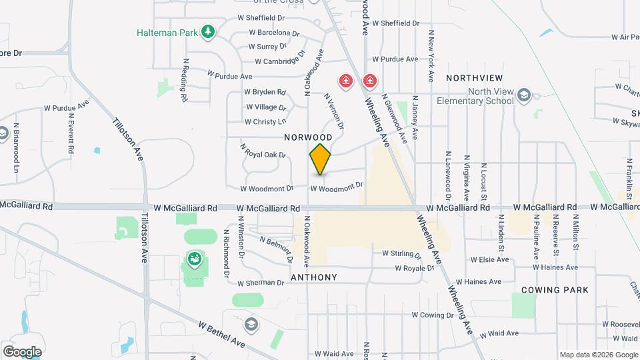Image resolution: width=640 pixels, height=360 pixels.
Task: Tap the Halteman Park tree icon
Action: pyautogui.click(x=209, y=31)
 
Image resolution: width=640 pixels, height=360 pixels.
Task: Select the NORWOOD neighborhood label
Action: pyautogui.click(x=307, y=137)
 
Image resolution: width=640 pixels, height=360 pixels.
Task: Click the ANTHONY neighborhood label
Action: pyautogui.click(x=314, y=277)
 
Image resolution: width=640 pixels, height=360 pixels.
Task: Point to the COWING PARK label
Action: pyautogui.click(x=555, y=290)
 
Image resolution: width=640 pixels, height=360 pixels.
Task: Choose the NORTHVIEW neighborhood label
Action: pyautogui.click(x=474, y=78)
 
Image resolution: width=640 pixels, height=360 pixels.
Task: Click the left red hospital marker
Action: pyautogui.click(x=345, y=82)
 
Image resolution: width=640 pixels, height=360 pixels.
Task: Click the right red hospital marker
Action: pyautogui.click(x=369, y=82)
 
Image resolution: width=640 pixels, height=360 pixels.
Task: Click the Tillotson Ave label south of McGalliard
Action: pyautogui.click(x=144, y=238)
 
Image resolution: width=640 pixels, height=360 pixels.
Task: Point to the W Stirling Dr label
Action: pyautogui.click(x=401, y=254)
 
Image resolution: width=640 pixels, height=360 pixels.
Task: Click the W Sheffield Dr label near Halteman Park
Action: pyautogui.click(x=261, y=18)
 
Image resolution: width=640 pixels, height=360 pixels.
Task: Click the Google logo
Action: pyautogui.click(x=21, y=351)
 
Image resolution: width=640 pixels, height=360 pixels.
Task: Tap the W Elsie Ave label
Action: pyautogui.click(x=489, y=259)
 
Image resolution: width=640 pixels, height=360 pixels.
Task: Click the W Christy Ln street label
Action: pyautogui.click(x=265, y=121)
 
